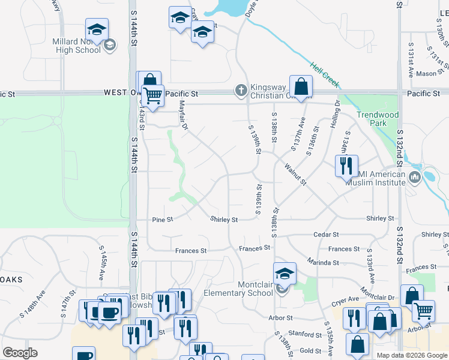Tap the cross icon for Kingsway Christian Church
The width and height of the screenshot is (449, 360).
click(241, 91)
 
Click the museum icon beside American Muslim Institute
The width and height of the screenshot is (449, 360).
click(414, 177)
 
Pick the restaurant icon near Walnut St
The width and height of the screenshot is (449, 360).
click(346, 166)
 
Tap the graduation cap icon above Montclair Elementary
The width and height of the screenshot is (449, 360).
click(285, 273)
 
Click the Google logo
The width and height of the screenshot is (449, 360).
click(20, 353)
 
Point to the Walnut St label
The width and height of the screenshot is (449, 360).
click(295, 174)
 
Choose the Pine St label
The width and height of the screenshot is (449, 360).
click(162, 220)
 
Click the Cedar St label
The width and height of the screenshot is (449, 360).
click(327, 235)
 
